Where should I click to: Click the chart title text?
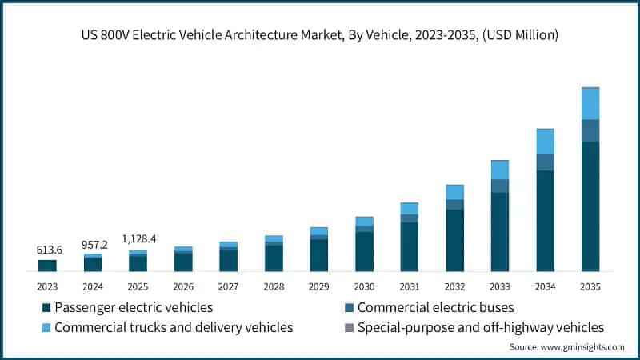click(319, 34)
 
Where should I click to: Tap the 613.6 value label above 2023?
click(49, 250)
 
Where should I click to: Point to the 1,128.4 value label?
click(138, 238)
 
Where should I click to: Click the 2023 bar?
click(48, 266)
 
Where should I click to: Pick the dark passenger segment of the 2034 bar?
click(546, 221)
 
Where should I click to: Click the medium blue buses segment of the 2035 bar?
click(590, 130)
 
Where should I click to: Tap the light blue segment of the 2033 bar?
click(500, 170)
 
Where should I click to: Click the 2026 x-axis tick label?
click(183, 286)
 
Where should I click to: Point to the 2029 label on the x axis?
click(318, 286)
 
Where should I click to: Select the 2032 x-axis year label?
click(454, 286)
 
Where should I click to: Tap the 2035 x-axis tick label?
click(590, 286)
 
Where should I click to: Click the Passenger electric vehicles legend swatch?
click(46, 307)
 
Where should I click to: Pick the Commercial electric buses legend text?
click(435, 307)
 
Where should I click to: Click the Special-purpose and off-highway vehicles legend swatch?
click(349, 327)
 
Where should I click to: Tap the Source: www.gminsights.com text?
click(566, 346)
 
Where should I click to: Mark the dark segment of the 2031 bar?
click(410, 246)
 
